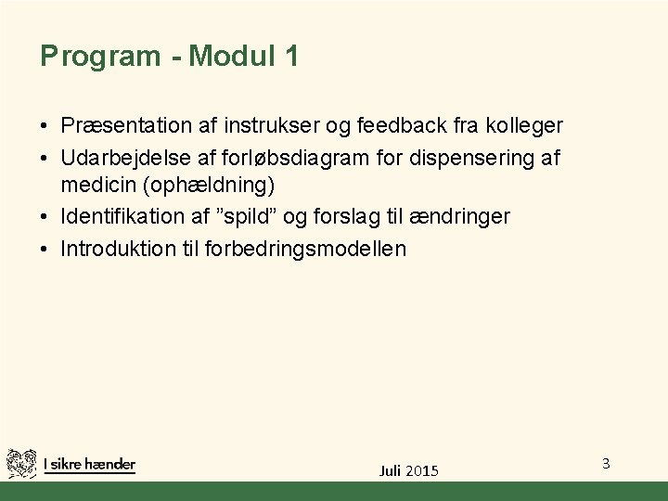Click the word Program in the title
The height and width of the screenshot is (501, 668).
tap(100, 58)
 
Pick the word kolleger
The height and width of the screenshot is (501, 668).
tap(523, 124)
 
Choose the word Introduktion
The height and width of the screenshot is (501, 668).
tap(120, 249)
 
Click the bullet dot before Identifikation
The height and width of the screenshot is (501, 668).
tap(45, 217)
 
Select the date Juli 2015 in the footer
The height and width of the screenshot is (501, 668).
tap(409, 470)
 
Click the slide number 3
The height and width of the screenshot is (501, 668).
tap(605, 462)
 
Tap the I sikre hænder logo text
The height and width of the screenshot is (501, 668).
tap(89, 464)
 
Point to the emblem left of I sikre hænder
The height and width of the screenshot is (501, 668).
tap(21, 463)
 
